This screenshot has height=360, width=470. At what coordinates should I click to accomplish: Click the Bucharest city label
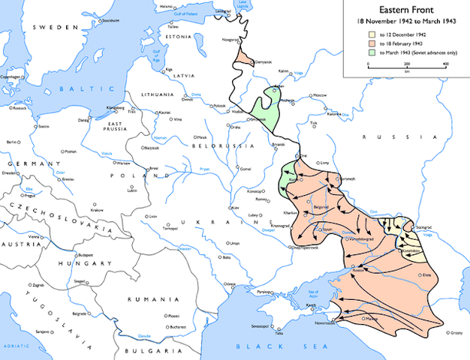coord(177,327)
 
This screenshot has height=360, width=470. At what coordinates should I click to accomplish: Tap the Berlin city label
coord(12,141)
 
